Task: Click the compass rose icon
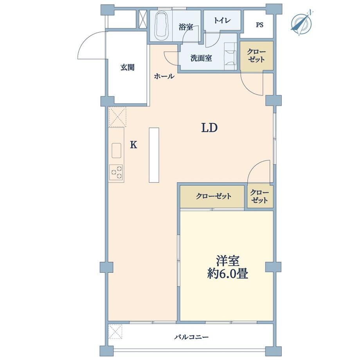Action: (x=301, y=23)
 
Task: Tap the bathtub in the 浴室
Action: (x=162, y=26)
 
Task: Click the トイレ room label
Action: (x=222, y=20)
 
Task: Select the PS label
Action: (x=259, y=25)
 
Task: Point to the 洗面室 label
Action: (x=201, y=58)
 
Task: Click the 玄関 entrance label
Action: (x=128, y=67)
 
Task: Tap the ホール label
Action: (x=164, y=76)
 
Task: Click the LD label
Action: (x=209, y=128)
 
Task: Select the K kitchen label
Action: (x=133, y=145)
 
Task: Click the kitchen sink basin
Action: (x=116, y=150)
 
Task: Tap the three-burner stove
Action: (x=116, y=173)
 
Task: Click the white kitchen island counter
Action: (x=154, y=155)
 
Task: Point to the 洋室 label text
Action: (x=227, y=261)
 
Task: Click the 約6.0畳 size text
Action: (x=227, y=274)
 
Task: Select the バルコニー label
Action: (x=191, y=337)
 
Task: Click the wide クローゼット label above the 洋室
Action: (x=214, y=196)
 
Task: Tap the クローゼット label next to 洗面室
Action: (x=256, y=56)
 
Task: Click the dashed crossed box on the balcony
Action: (x=115, y=331)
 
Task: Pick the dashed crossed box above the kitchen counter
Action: (x=117, y=117)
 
